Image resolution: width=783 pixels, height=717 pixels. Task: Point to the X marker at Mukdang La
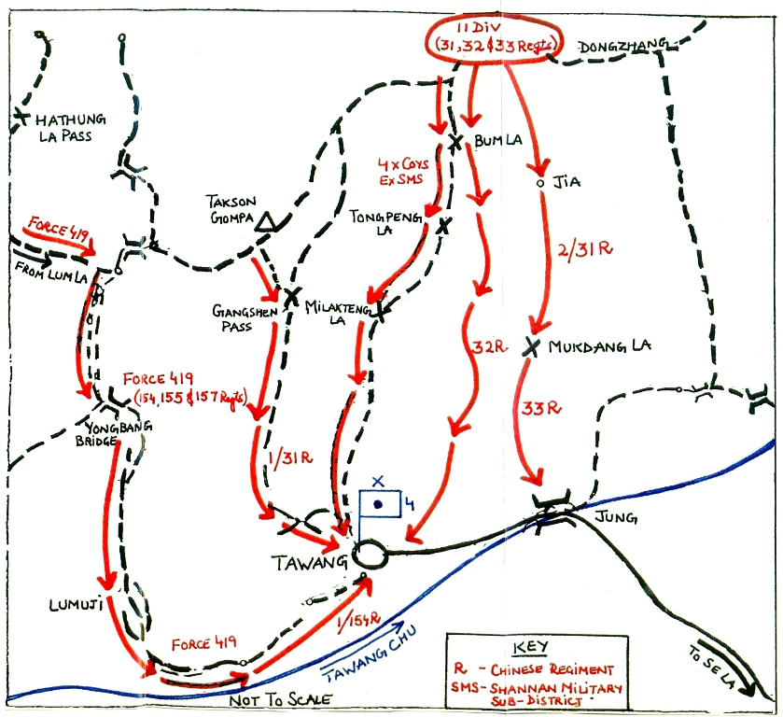[x=533, y=346]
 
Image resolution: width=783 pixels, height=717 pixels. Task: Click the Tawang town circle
[x=370, y=555]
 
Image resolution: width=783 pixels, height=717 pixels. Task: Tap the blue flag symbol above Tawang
[x=381, y=503]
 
